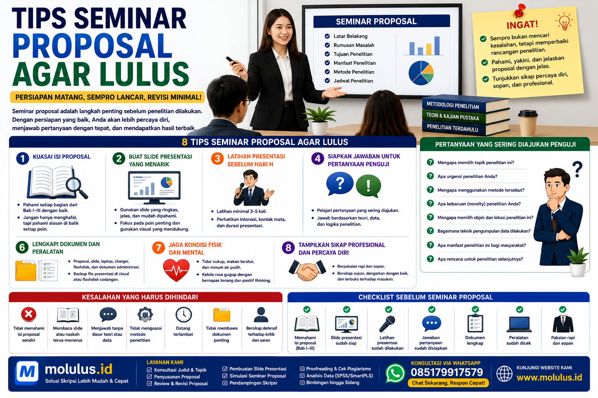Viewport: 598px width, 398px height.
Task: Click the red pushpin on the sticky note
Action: [x=519, y=10]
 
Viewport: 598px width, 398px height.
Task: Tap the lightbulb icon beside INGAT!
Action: [x=564, y=21]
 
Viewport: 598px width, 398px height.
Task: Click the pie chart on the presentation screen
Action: [x=421, y=73]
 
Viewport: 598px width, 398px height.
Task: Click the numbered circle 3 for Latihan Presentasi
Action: [x=217, y=159]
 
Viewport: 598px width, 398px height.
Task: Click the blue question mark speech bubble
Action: [x=339, y=183]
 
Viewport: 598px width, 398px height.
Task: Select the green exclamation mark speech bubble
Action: [x=368, y=186]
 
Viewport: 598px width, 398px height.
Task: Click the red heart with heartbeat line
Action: [x=176, y=270]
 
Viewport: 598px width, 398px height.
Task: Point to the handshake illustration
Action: [x=307, y=270]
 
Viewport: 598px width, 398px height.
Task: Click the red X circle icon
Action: [x=28, y=314]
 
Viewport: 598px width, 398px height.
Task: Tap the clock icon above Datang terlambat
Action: [x=183, y=314]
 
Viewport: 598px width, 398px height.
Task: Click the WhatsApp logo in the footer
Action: [x=395, y=373]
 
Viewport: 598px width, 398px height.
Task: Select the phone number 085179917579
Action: [x=447, y=372]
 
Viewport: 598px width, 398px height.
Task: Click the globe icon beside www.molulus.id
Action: [x=504, y=374]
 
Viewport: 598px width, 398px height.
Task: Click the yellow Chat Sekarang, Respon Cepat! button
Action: [x=448, y=383]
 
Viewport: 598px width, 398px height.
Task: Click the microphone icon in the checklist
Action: [x=387, y=324]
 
